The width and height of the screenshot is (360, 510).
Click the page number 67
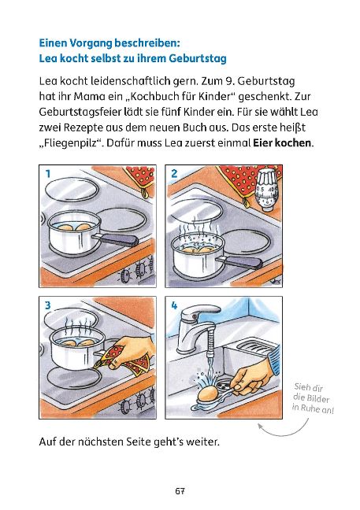tap(180, 491)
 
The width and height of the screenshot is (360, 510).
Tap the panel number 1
tap(48, 174)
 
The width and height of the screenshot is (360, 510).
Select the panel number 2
tap(174, 174)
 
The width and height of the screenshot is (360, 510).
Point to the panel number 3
tap(48, 305)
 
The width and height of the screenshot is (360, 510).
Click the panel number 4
tap(174, 305)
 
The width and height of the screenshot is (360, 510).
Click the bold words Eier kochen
tap(282, 142)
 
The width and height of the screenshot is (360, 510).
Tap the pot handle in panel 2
tap(240, 262)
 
